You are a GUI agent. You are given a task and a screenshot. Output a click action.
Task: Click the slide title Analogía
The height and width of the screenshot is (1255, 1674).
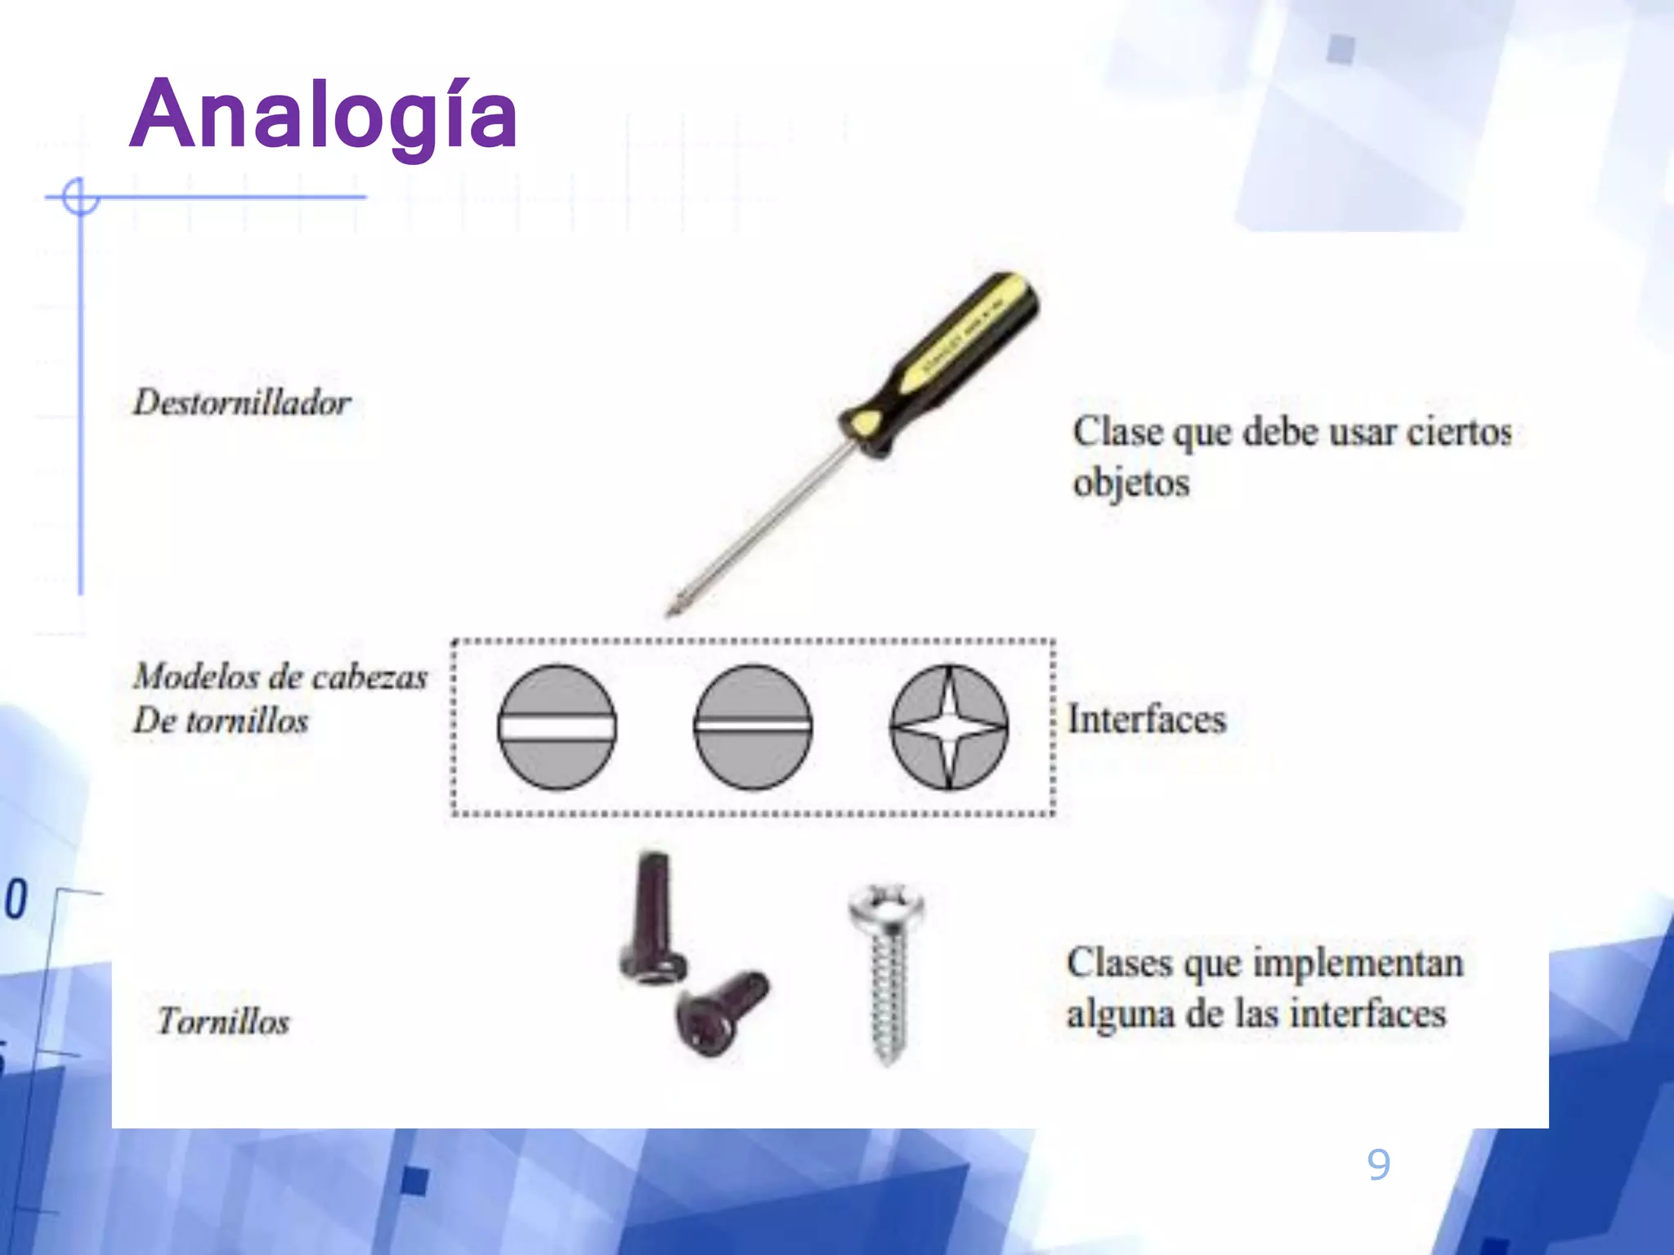(x=324, y=116)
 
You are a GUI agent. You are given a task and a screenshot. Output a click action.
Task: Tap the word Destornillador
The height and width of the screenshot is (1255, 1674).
(x=242, y=403)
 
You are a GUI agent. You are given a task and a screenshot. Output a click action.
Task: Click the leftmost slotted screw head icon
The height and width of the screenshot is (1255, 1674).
(x=557, y=726)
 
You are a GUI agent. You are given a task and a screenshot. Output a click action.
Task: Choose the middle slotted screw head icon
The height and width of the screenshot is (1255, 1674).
(x=753, y=726)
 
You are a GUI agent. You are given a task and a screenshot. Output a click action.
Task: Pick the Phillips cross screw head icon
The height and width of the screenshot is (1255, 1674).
(x=949, y=726)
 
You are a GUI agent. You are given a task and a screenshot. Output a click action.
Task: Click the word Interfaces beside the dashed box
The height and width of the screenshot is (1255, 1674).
(x=1147, y=720)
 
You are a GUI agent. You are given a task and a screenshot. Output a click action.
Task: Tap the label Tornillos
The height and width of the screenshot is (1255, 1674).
(x=224, y=1022)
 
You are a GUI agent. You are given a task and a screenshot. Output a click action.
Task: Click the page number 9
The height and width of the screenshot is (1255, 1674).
(x=1378, y=1163)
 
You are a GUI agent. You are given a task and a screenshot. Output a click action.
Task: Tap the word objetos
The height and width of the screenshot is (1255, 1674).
(x=1131, y=483)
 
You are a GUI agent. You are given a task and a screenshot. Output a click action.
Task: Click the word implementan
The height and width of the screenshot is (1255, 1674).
(x=1358, y=963)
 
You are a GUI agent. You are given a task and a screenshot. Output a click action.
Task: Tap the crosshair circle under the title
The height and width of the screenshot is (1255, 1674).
(x=80, y=197)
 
